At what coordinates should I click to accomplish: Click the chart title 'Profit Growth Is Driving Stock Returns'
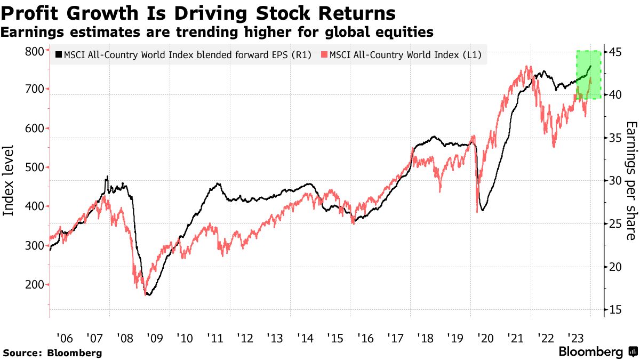pos(198,12)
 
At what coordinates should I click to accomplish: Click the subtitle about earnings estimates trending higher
pos(217,33)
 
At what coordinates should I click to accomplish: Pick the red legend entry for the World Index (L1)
pos(404,54)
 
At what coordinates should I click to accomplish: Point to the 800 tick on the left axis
pos(35,51)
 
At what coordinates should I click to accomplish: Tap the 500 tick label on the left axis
pos(35,167)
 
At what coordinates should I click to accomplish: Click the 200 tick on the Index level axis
pos(35,285)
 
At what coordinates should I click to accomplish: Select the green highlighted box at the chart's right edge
pos(589,74)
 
